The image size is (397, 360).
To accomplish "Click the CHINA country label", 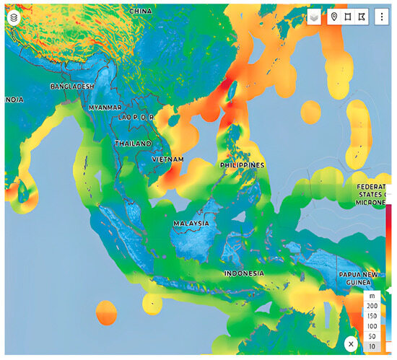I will click(141, 12).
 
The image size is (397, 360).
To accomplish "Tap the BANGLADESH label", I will click(73, 87).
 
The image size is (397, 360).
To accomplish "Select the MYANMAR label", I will click(105, 107).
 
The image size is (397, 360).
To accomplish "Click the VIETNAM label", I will click(167, 159).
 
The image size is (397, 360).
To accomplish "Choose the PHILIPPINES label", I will click(242, 165).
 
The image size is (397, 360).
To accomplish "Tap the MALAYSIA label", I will click(191, 224).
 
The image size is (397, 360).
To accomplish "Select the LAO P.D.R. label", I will click(137, 117).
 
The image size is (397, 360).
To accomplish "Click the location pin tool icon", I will click(334, 17).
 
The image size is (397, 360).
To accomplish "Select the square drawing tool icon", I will click(348, 17).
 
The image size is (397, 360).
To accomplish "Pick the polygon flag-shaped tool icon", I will click(362, 17).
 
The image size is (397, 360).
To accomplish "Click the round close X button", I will click(351, 344).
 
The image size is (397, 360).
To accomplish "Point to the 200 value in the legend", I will click(372, 307).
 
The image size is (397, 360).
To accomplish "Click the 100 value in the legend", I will click(372, 327).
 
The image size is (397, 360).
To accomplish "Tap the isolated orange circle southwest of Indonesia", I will click(106, 314).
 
